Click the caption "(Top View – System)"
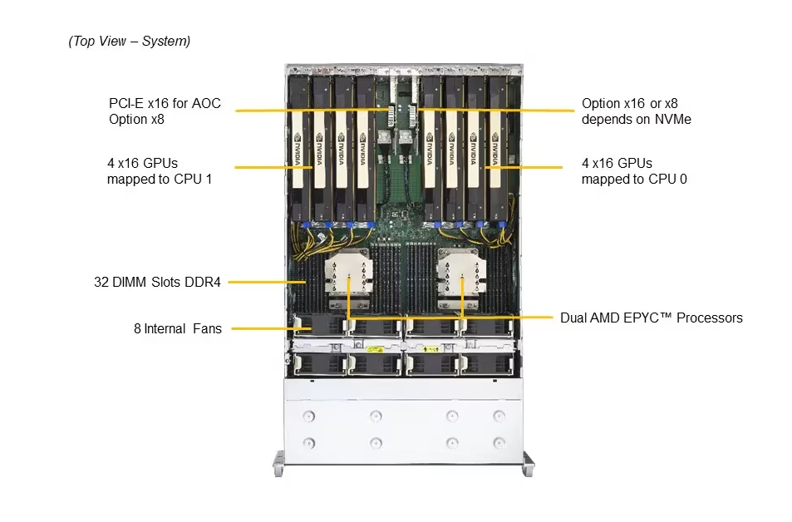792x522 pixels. pyautogui.click(x=129, y=41)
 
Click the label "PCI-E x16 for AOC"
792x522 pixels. pyautogui.click(x=165, y=104)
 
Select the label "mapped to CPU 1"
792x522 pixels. pyautogui.click(x=159, y=178)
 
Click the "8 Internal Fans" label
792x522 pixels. pyautogui.click(x=177, y=328)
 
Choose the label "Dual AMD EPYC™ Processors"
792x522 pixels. pyautogui.click(x=651, y=318)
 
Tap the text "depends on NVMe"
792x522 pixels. pyautogui.click(x=636, y=120)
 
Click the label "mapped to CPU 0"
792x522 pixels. pyautogui.click(x=634, y=178)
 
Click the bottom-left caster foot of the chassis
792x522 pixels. pyautogui.click(x=278, y=463)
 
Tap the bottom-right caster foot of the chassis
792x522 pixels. pyautogui.click(x=528, y=463)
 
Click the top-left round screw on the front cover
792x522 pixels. pyautogui.click(x=310, y=415)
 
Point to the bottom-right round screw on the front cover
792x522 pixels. pyautogui.click(x=499, y=442)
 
